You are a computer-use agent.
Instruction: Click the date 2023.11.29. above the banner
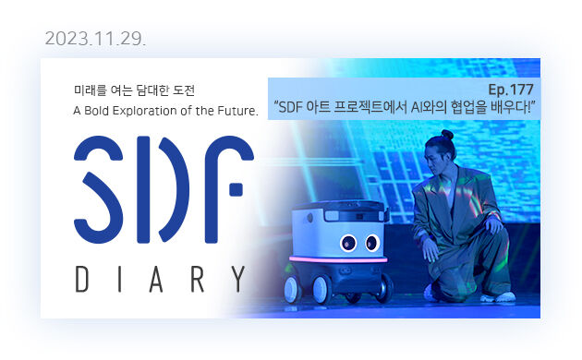coord(95,39)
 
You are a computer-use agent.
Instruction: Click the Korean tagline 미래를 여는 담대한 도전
coord(135,90)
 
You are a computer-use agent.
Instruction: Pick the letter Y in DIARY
coord(238,279)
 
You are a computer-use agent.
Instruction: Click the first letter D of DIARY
coord(82,279)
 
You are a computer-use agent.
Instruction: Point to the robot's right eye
coord(349,245)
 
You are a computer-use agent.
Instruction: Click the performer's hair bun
coord(447,136)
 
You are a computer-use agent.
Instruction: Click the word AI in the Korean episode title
coord(421,108)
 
